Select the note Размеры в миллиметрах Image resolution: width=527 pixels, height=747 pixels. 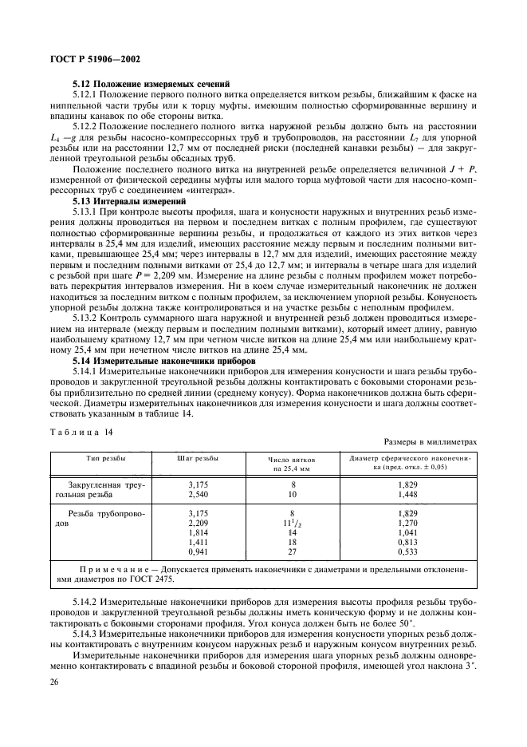[x=430, y=441]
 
